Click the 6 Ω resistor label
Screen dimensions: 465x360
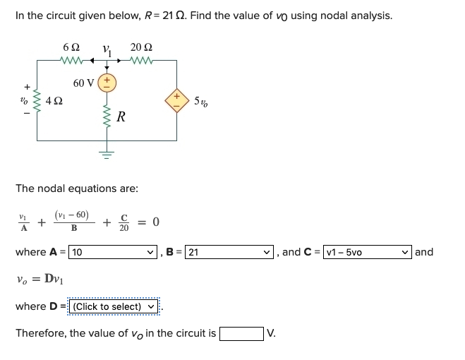coord(71,47)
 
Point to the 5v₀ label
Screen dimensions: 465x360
coord(201,100)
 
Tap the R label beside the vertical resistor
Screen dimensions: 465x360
coord(121,118)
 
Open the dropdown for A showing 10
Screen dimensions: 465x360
coord(113,251)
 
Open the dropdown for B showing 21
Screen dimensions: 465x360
coord(227,251)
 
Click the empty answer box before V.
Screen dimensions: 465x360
coord(241,333)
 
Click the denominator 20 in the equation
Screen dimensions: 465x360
coord(124,228)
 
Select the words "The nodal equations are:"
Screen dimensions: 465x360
coord(77,188)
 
